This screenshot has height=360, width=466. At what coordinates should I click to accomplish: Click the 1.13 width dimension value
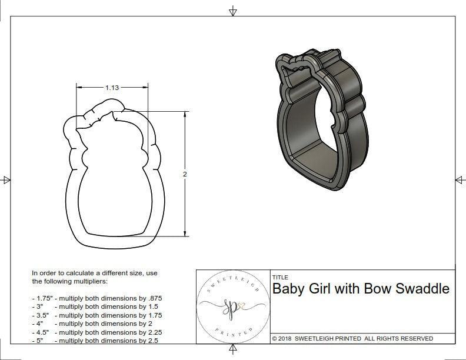point(112,88)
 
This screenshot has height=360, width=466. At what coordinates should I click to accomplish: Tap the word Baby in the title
point(289,289)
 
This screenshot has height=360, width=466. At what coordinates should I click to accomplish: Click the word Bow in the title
point(376,289)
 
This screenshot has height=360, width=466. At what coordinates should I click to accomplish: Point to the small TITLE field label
point(279,277)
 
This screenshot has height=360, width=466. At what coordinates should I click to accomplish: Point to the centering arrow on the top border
point(233,11)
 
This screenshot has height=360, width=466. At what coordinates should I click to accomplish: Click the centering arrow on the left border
point(6,179)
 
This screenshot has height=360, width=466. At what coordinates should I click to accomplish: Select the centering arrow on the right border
point(460,179)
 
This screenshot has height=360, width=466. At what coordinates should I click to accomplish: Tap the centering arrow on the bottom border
point(233,351)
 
